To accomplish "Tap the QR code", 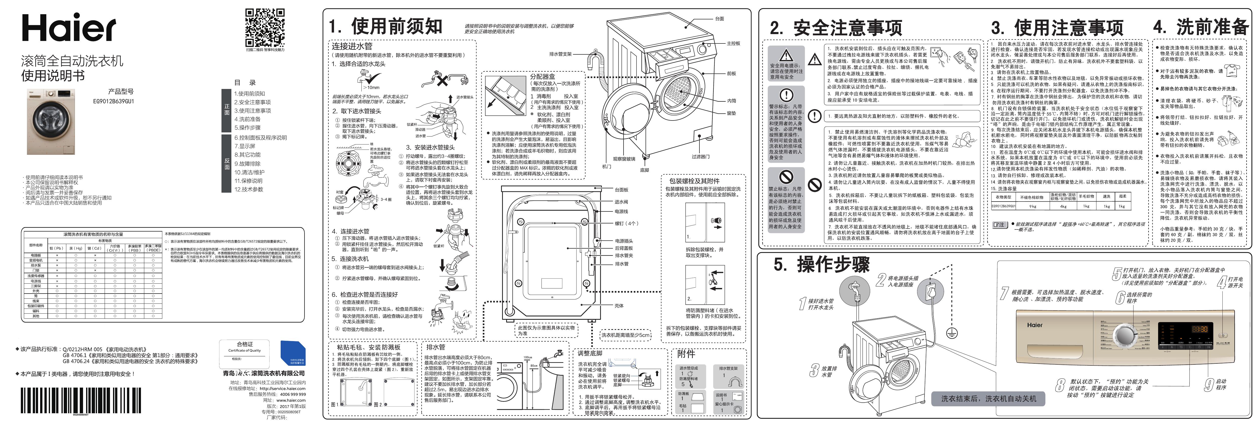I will pyautogui.click(x=265, y=27).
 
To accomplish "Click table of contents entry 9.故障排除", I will pyautogui.click(x=247, y=164).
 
